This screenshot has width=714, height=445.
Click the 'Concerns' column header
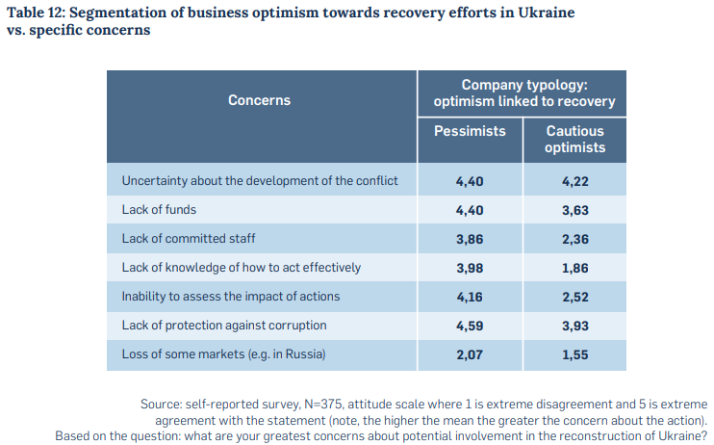click(259, 100)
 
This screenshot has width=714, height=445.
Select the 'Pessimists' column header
click(470, 131)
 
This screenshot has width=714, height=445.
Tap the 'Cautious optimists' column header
click(574, 139)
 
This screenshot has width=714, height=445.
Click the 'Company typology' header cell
click(523, 93)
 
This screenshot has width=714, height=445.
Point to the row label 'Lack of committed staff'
click(189, 239)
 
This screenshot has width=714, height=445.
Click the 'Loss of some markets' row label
click(223, 354)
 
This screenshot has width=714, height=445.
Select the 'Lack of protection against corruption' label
click(223, 326)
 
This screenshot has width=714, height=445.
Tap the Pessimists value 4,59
click(470, 326)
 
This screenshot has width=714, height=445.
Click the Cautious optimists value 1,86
click(574, 268)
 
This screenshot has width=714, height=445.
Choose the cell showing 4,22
click(574, 181)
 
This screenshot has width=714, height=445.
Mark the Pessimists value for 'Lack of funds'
click(470, 210)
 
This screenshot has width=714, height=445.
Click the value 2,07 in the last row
click(470, 354)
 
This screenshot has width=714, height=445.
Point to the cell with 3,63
click(574, 210)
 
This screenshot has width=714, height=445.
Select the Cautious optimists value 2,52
click(574, 297)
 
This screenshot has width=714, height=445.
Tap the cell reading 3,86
click(470, 239)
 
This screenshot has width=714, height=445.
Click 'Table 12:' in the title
click(36, 12)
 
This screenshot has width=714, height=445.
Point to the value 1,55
click(574, 354)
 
